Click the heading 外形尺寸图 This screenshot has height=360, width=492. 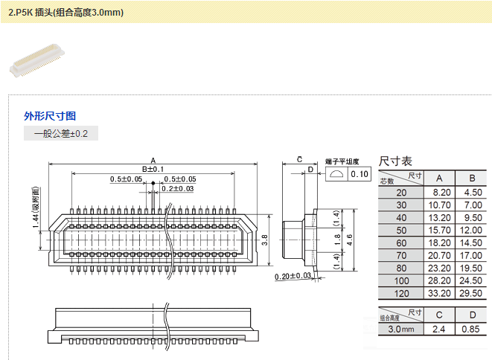pyautogui.click(x=50, y=116)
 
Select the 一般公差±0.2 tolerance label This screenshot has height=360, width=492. pyautogui.click(x=61, y=134)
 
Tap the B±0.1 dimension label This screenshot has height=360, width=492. pyautogui.click(x=153, y=170)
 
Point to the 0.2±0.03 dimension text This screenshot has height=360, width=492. pyautogui.click(x=178, y=189)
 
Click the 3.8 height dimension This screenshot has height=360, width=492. pyautogui.click(x=265, y=239)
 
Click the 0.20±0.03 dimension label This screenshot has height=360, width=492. pyautogui.click(x=293, y=276)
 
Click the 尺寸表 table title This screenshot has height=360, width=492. pyautogui.click(x=396, y=161)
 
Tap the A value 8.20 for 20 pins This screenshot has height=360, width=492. pyautogui.click(x=439, y=192)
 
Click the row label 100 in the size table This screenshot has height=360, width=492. pyautogui.click(x=401, y=280)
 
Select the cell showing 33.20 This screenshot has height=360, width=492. pyautogui.click(x=439, y=293)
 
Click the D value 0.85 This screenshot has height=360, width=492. pyautogui.click(x=472, y=328)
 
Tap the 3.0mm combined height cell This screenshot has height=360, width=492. pyautogui.click(x=401, y=328)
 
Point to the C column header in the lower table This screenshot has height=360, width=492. pyautogui.click(x=439, y=315)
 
